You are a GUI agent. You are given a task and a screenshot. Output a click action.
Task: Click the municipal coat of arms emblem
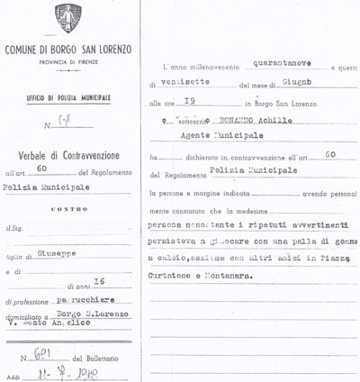67,18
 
